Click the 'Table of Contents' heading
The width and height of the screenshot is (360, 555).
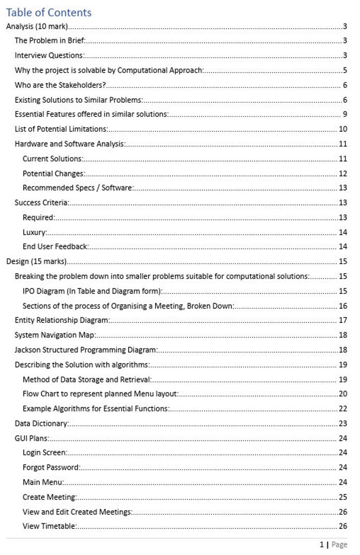coord(49,12)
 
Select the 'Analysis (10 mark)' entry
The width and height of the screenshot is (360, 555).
coord(37,26)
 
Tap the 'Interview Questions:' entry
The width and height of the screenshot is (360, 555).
coord(49,56)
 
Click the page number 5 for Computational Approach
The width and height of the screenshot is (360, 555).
coord(345,70)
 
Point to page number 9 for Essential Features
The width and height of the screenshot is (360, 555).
coord(345,114)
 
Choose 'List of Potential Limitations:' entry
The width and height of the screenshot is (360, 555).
coord(61,129)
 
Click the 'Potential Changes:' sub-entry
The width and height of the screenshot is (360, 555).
coord(54,174)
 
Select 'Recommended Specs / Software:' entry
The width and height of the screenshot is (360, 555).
coord(78,188)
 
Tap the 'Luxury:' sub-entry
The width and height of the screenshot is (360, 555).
coord(35,232)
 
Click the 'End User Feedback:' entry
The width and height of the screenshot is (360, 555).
coord(55,247)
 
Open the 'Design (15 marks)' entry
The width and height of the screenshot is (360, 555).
coord(36,261)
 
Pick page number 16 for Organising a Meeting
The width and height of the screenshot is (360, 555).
coord(343,306)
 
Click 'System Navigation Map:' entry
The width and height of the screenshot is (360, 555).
coord(54,335)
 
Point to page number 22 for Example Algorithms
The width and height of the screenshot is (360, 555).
coord(343,409)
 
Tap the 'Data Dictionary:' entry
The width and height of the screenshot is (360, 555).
coord(42,424)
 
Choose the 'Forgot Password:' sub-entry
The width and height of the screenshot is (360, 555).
coord(51,468)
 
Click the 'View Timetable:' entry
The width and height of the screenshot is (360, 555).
coord(49,526)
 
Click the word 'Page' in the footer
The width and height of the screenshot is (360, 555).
coord(339,545)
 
